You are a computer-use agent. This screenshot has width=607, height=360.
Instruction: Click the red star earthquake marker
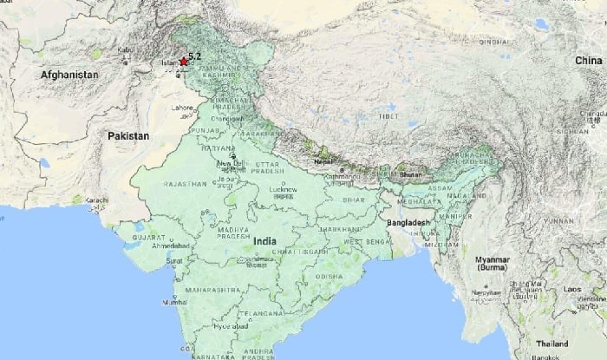click(x=183, y=62)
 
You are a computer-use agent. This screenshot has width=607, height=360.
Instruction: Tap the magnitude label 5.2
click(x=195, y=57)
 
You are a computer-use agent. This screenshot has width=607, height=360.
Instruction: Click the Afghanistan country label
click(x=69, y=75)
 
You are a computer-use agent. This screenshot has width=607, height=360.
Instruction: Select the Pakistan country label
click(x=128, y=136)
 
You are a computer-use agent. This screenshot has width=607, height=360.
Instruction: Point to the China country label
click(x=588, y=60)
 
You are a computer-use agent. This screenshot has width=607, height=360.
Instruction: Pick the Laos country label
click(x=572, y=288)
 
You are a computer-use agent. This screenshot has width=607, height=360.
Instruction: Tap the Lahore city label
click(x=183, y=109)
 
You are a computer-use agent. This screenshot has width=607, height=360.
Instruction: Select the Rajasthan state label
click(x=184, y=184)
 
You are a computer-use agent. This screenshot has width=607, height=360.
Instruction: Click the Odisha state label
click(x=329, y=276)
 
